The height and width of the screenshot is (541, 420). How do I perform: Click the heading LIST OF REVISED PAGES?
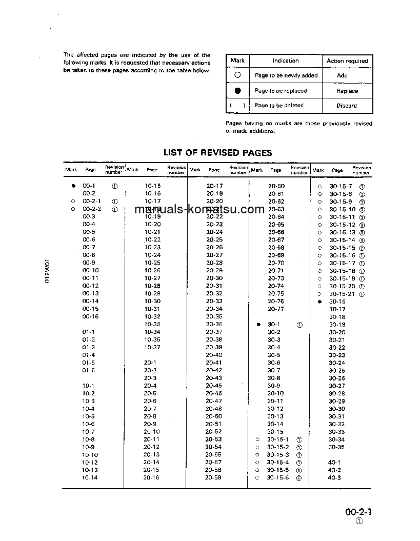click(x=217, y=152)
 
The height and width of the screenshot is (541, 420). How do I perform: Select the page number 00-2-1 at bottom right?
click(x=358, y=512)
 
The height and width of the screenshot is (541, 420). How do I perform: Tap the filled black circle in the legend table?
click(x=237, y=91)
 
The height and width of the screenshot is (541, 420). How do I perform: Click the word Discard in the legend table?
click(x=347, y=106)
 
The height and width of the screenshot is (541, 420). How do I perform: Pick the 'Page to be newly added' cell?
click(x=286, y=75)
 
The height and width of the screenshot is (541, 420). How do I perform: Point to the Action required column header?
click(x=347, y=61)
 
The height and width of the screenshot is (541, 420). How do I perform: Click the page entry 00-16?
click(x=90, y=316)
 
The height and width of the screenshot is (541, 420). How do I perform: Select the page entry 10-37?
click(x=152, y=347)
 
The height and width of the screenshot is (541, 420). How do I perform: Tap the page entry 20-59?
click(x=213, y=477)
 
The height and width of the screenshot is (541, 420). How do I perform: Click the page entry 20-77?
click(x=275, y=309)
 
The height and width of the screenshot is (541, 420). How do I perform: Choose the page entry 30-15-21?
click(x=342, y=294)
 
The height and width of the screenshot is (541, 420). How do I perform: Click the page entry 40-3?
click(x=334, y=477)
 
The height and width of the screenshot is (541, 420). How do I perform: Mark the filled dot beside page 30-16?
click(x=319, y=302)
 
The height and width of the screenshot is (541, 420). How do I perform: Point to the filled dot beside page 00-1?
click(x=73, y=186)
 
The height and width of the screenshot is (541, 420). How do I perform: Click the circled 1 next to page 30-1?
click(x=299, y=325)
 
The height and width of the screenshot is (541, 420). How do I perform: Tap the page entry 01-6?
click(x=89, y=370)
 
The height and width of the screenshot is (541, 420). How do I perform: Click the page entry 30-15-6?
click(x=277, y=477)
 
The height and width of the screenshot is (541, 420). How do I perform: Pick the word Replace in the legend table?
click(x=347, y=91)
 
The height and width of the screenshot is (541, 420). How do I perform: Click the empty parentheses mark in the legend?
click(x=237, y=106)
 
